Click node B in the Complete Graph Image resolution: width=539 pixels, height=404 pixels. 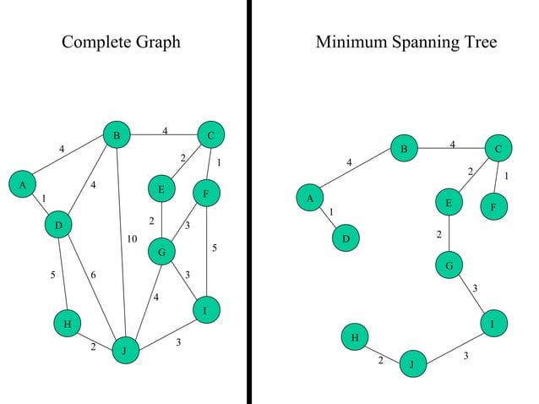pos(117,135)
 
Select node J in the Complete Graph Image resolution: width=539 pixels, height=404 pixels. pos(125,351)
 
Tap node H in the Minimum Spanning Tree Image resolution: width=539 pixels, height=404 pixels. pos(355,338)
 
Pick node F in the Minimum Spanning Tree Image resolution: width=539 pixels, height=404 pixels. pos(493,206)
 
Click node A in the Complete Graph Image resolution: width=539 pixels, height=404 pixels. pos(23,183)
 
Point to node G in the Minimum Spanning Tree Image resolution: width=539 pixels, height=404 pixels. pos(449,266)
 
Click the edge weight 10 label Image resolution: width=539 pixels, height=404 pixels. pos(132,239)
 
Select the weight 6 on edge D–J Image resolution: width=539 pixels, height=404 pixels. pos(93,276)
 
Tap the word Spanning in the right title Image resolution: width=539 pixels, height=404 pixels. pos(423,42)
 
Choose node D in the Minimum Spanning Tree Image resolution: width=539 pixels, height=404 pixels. pos(346,240)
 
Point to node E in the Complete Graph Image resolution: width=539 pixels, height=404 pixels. pos(161,190)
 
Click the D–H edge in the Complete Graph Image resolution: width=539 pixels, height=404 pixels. pos(62,275)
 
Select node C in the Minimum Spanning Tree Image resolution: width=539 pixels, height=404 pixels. pos(498,150)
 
